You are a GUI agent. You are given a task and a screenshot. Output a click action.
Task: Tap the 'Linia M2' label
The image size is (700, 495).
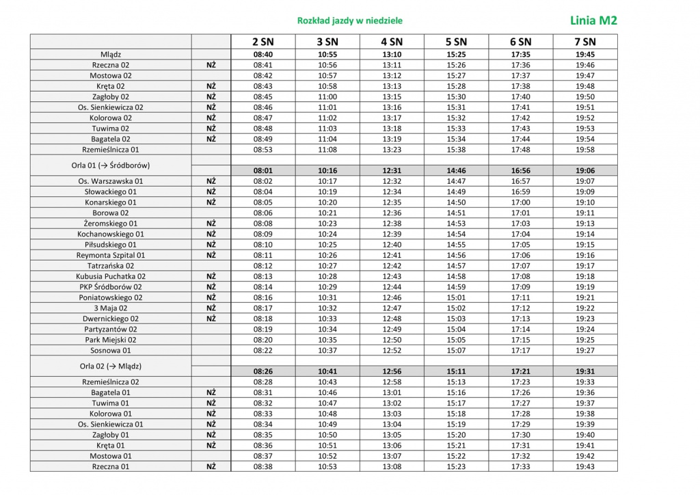[593, 21]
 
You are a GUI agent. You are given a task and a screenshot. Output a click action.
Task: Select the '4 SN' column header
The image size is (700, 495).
[392, 42]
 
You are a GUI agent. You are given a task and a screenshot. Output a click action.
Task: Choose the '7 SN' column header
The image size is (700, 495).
[585, 42]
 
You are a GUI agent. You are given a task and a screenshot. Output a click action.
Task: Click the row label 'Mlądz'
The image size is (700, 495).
[111, 55]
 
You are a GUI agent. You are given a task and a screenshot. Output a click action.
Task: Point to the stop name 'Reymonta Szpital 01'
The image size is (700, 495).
[111, 255]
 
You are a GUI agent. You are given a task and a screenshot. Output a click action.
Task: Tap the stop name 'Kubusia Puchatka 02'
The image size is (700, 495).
[111, 276]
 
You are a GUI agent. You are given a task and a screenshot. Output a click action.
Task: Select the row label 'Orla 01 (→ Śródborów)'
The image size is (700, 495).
[111, 165]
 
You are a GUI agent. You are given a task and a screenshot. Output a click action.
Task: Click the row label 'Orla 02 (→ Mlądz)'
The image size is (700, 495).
[111, 366]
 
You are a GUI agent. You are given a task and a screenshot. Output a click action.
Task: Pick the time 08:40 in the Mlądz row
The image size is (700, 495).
[263, 55]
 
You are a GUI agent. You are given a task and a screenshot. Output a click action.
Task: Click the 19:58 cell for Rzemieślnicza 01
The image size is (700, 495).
[585, 149]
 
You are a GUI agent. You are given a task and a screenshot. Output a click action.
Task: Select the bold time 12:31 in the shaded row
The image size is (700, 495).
[392, 171]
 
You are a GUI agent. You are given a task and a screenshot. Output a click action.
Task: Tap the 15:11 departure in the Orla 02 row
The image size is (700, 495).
[456, 371]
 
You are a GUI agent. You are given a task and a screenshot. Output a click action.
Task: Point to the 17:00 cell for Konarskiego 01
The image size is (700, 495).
[521, 202]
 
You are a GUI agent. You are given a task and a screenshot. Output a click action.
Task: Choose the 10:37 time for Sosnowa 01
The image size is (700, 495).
[327, 350]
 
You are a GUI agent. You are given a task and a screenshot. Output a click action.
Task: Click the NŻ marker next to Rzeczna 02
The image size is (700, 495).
[211, 65]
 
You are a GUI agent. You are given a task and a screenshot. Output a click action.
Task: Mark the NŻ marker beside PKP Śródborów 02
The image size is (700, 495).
[211, 287]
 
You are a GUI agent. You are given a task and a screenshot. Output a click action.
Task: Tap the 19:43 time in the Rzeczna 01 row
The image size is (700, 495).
[585, 466]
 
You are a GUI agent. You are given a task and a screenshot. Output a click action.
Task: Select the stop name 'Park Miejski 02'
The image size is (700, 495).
[111, 340]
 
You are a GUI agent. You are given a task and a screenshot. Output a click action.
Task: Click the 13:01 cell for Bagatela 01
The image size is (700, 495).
[392, 392]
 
